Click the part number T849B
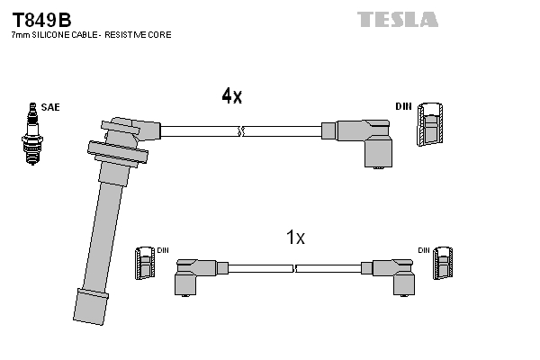[41, 18]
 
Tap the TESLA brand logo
[397, 19]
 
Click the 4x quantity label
[231, 96]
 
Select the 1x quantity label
[295, 238]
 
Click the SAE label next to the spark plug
[51, 107]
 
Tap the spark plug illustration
[32, 133]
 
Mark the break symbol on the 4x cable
[240, 131]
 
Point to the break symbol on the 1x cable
[294, 267]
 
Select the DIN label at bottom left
[163, 250]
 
